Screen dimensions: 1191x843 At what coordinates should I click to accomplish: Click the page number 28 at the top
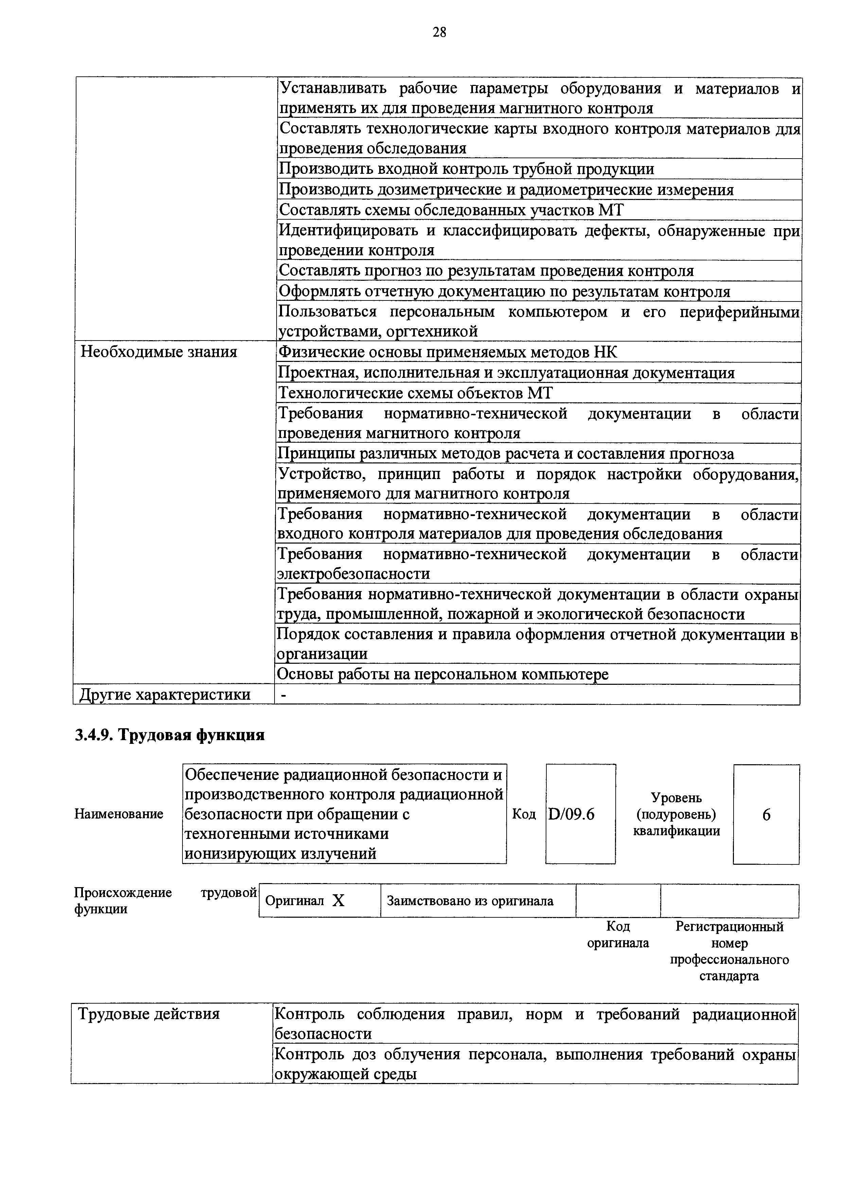point(439,33)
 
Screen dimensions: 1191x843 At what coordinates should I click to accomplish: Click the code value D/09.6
point(572,815)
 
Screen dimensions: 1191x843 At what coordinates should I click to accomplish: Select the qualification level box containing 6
point(766,815)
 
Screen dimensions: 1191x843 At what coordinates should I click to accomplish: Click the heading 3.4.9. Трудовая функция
point(170,735)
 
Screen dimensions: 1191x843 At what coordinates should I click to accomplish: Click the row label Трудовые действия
point(149,1013)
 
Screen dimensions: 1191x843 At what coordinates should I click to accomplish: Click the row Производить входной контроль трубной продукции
point(467,169)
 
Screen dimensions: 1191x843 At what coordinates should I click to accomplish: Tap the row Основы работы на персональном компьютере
point(443,674)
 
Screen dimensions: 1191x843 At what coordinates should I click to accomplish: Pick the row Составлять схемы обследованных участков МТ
point(451,210)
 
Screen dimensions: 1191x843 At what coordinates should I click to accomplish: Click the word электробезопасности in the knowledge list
point(354,574)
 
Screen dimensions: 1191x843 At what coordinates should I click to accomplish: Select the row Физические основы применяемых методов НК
point(448,352)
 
